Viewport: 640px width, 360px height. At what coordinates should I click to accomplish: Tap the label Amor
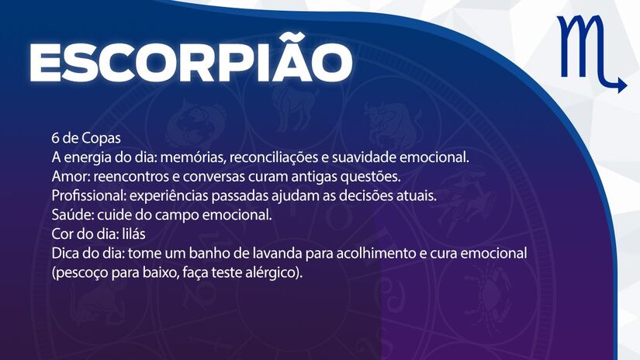point(69,176)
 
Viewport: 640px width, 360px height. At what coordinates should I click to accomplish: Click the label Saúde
point(71,215)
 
